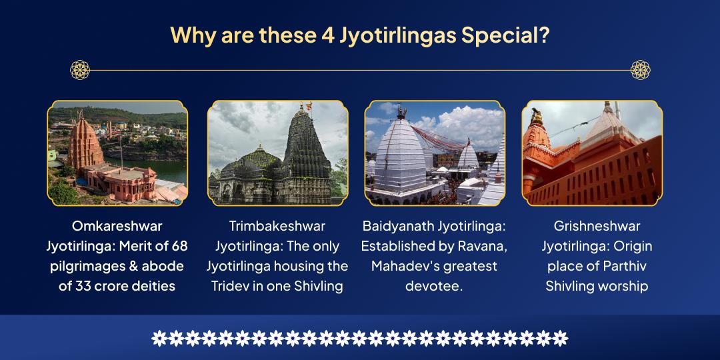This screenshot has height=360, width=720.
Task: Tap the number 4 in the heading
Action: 327,35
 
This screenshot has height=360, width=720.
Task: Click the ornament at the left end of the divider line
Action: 79,69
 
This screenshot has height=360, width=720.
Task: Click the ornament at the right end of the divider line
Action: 641,69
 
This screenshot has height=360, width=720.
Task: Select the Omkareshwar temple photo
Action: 117,153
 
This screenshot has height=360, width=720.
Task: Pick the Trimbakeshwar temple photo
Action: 277,153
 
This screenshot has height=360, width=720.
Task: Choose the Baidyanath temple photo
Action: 435,153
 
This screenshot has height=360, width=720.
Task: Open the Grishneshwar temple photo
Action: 592,153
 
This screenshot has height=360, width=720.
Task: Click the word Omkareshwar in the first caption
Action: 117,227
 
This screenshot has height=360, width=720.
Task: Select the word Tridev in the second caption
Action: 229,287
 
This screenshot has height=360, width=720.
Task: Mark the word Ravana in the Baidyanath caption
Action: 483,247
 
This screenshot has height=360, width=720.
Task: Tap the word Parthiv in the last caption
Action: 615,267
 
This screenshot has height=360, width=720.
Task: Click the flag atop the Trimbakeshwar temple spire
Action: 307,106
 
